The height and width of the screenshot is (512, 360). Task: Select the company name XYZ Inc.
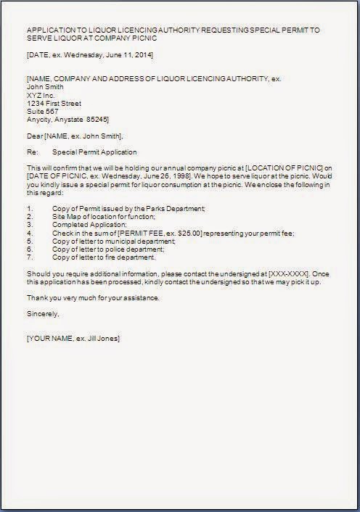tap(40, 94)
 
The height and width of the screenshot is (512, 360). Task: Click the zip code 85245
tap(98, 119)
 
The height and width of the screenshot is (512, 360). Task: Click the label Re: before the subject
tap(31, 152)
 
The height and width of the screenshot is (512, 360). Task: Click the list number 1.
tap(29, 209)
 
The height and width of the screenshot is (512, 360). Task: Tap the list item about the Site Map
tap(103, 217)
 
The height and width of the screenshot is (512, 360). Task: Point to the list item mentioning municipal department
tap(114, 241)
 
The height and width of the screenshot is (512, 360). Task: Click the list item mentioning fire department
tap(104, 257)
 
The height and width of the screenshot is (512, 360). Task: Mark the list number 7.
tap(29, 257)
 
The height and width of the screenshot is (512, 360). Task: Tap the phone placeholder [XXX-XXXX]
tap(288, 273)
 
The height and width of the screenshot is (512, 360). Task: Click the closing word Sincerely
tap(42, 314)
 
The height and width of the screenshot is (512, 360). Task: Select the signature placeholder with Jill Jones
tap(73, 339)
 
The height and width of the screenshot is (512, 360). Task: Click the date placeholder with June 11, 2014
tap(89, 55)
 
